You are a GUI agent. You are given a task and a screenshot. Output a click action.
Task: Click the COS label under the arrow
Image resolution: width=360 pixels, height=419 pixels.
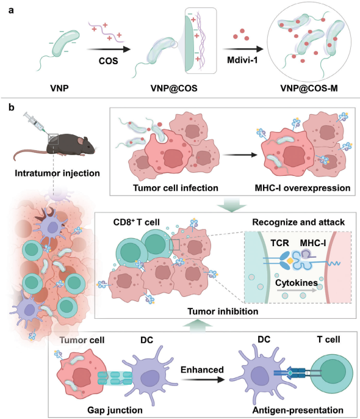(x=109, y=61)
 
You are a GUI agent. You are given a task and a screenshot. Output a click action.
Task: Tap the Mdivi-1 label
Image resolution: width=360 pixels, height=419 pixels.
(x=242, y=60)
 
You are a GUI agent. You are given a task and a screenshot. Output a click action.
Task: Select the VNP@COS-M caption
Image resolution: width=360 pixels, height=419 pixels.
(x=309, y=88)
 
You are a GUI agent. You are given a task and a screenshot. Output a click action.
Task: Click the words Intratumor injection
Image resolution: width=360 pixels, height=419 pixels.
(x=57, y=173)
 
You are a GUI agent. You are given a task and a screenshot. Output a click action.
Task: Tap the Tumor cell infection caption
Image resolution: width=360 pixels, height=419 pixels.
(x=176, y=188)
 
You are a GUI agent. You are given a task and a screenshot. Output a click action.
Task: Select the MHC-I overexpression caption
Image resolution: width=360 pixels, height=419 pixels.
(x=303, y=188)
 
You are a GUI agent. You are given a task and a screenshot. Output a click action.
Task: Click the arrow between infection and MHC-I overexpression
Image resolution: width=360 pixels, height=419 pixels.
(x=240, y=155)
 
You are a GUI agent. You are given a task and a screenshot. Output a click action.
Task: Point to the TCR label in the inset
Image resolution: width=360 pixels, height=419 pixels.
(x=279, y=243)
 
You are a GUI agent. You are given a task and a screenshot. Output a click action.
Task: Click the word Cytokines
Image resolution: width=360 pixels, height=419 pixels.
(x=297, y=283)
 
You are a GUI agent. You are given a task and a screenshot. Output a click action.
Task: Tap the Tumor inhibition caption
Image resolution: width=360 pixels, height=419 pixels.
(x=223, y=312)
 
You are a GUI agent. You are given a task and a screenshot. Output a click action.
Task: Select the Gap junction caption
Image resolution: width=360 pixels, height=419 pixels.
(x=115, y=410)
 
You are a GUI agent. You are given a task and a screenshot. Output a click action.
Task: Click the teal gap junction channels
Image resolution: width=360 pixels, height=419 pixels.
(x=115, y=379)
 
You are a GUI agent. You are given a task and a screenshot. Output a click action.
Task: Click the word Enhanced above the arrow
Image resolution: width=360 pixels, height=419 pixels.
(x=202, y=370)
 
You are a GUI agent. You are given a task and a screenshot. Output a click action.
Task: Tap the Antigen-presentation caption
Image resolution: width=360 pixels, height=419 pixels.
(x=298, y=410)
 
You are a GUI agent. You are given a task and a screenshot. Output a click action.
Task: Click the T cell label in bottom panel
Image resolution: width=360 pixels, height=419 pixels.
(x=328, y=340)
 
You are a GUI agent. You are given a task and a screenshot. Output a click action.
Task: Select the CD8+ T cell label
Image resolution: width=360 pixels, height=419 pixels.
(x=136, y=222)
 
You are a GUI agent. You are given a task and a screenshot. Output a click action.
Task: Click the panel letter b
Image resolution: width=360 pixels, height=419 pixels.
(x=11, y=107)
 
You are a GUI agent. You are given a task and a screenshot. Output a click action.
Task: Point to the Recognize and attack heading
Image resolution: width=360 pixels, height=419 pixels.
(x=298, y=222)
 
